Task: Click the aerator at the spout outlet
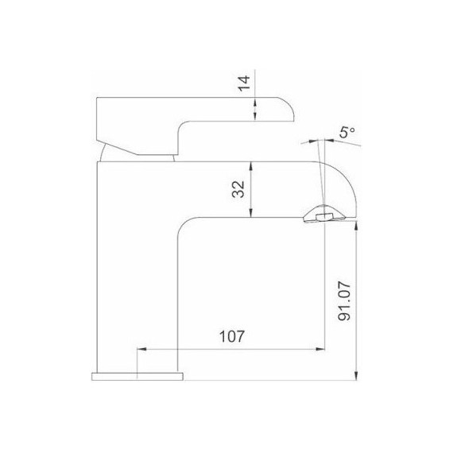coord(323,216)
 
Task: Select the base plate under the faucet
coord(138,375)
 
